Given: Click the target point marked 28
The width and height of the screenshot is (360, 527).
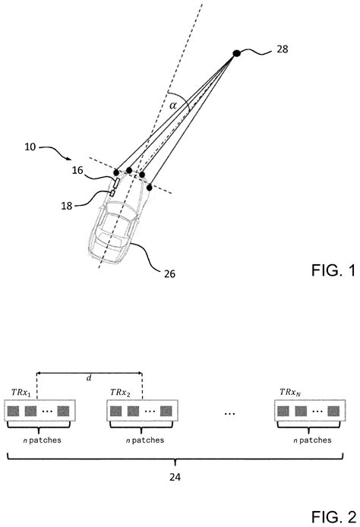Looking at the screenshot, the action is [x=237, y=53].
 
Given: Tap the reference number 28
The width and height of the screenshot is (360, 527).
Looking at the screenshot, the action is [x=283, y=49].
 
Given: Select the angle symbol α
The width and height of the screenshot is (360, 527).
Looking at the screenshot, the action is [x=172, y=106].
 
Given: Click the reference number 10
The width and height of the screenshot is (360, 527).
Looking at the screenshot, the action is [x=30, y=147].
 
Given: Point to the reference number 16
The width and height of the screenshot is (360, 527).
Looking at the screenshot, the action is [x=77, y=170].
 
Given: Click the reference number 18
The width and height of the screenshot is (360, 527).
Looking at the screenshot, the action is [x=67, y=206].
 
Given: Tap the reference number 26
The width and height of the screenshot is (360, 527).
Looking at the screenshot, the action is [x=170, y=274].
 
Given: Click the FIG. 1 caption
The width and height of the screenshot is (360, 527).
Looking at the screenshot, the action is [x=333, y=270].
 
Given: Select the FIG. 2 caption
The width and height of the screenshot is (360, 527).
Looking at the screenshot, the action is [x=333, y=516].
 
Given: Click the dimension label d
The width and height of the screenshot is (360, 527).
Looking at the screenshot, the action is [x=89, y=378].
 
